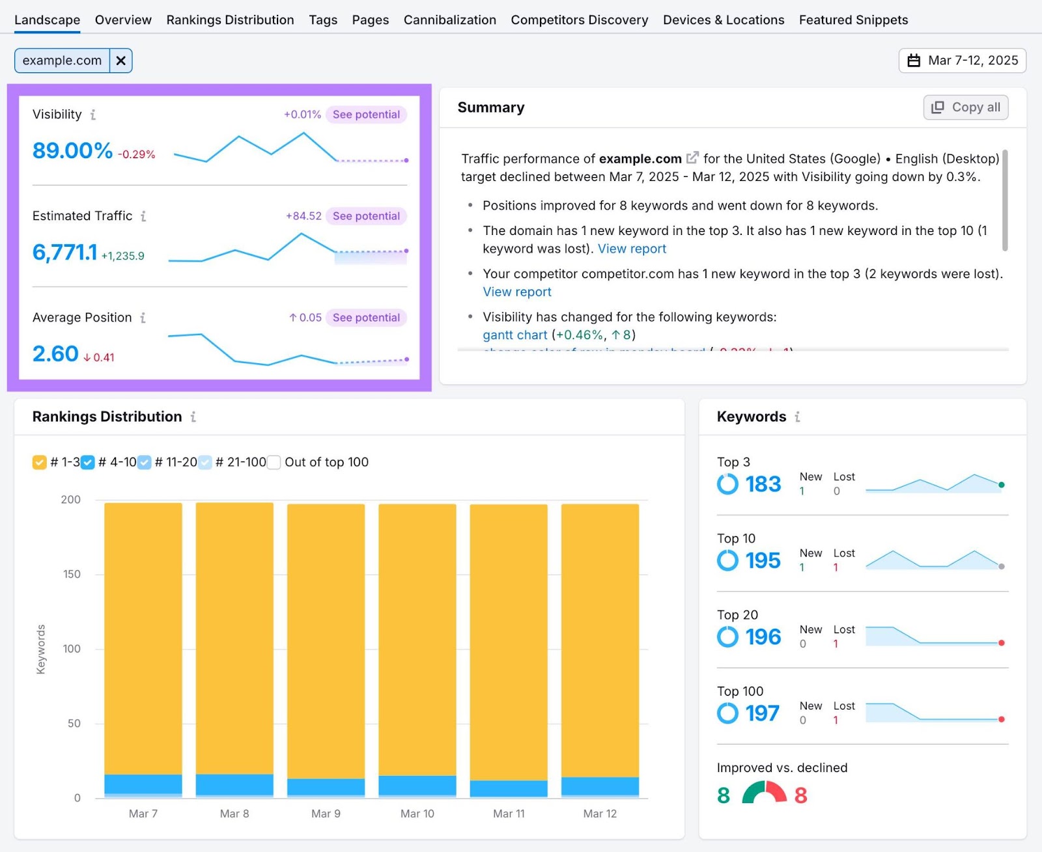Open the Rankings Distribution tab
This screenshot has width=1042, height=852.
click(x=230, y=20)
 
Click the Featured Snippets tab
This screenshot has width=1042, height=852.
click(x=853, y=20)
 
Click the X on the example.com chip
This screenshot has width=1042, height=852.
click(x=121, y=61)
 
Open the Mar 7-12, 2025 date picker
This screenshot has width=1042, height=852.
click(x=963, y=61)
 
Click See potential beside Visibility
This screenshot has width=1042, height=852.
click(x=366, y=115)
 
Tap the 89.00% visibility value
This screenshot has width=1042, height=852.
click(x=72, y=150)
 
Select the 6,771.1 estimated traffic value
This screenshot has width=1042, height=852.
click(x=64, y=252)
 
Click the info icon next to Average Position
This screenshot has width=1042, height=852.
click(x=143, y=318)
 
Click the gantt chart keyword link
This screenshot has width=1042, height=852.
click(x=514, y=335)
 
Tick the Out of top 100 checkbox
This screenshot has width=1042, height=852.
click(x=274, y=462)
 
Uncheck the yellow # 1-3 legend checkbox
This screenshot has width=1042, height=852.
click(x=39, y=462)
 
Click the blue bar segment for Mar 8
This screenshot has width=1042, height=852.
click(x=234, y=784)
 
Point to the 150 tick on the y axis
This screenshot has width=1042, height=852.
click(x=72, y=574)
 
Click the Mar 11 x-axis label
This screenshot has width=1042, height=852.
click(x=509, y=814)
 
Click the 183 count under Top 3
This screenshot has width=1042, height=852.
click(x=763, y=484)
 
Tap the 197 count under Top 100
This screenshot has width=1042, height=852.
click(x=762, y=713)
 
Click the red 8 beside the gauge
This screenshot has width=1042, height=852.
click(x=801, y=795)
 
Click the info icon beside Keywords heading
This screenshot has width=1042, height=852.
click(x=797, y=417)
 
